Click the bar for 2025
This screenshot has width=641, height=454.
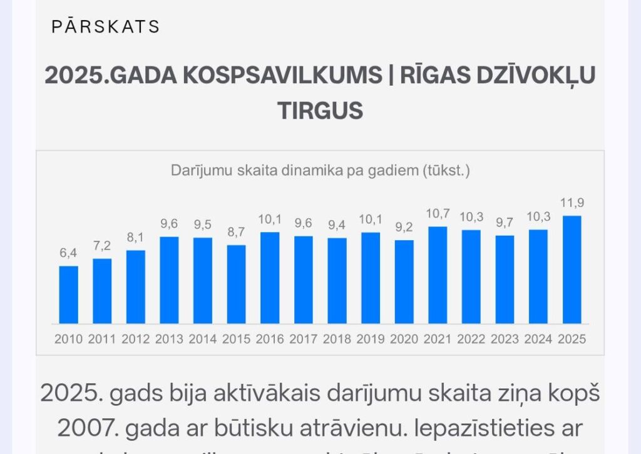pos(572,270)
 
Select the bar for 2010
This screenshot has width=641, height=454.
pos(69,295)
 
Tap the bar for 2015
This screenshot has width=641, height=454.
pos(237,284)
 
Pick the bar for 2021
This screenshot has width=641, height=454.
pos(438,275)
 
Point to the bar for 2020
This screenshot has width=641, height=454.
pos(404,281)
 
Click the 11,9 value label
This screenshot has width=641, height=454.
pos(572,203)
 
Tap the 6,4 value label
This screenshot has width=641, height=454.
pos(69,253)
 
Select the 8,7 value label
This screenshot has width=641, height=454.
pos(237,232)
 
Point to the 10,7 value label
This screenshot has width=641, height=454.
pos(438,214)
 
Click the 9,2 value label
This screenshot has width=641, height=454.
pos(404,228)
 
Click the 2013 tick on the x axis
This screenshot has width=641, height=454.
pos(169,340)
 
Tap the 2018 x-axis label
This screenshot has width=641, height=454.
pos(337,340)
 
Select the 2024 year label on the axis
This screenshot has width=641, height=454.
pos(538,340)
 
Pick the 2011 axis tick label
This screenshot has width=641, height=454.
pos(102,340)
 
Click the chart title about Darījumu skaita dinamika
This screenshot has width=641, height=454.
pos(320,170)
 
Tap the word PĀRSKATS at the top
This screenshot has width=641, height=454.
pos(106,27)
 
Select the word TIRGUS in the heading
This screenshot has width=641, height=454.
pos(320,111)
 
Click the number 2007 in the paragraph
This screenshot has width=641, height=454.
pos(88,429)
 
